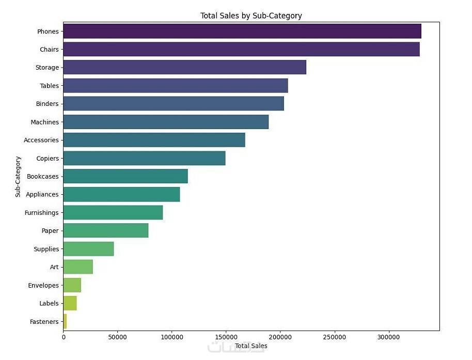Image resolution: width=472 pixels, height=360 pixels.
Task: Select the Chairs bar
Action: [241, 50]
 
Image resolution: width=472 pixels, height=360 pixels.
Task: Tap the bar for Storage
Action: [184, 68]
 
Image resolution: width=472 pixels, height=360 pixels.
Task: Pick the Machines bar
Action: [166, 122]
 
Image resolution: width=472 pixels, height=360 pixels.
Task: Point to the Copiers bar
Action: [144, 158]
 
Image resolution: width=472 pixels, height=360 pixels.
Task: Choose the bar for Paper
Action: [106, 231]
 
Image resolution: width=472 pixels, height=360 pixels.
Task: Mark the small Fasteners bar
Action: [65, 321]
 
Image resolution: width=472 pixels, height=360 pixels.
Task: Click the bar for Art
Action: [78, 267]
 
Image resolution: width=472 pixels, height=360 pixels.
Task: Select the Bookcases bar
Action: [125, 176]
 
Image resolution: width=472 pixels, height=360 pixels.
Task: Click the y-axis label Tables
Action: [49, 86]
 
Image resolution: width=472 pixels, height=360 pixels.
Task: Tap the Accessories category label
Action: [41, 140]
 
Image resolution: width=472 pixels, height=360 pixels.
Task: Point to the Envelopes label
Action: [43, 285]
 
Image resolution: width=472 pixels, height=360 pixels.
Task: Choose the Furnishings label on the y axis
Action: [41, 213]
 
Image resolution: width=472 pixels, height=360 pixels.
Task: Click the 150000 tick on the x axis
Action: [226, 337]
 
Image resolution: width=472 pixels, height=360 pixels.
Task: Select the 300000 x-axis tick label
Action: [389, 337]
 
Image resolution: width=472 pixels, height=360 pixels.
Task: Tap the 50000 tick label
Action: [118, 337]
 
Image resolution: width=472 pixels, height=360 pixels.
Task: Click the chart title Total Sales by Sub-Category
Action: [251, 16]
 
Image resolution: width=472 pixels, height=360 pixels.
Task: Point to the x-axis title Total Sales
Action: [251, 346]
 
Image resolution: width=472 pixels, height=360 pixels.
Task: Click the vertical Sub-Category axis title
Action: [18, 176]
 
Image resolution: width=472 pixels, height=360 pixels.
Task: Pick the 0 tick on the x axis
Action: [64, 337]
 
